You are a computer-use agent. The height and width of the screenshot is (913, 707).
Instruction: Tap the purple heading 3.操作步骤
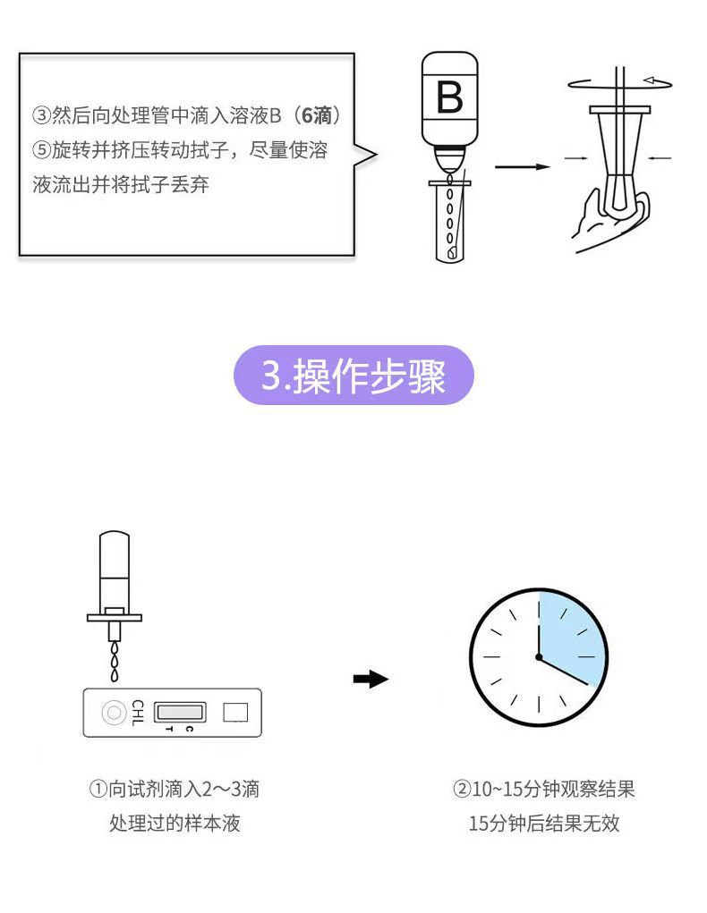coord(353,376)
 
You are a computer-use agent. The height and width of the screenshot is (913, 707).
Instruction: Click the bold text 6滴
coord(316,116)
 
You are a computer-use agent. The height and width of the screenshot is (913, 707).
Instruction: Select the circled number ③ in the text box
coord(41,116)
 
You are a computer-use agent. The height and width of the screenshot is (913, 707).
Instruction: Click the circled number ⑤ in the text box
coord(41,150)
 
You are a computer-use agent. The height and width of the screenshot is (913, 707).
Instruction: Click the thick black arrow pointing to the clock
coord(371,680)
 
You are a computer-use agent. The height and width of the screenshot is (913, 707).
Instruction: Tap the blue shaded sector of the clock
coord(566,630)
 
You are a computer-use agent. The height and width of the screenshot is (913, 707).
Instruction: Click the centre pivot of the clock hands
coord(539,657)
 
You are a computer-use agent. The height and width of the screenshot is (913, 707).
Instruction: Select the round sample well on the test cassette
coord(114,713)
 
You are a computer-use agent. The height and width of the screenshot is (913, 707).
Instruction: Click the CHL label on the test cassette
coord(136,713)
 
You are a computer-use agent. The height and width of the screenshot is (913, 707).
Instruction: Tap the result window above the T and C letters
coord(180,712)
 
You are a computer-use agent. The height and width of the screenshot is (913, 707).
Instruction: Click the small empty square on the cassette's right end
coord(235,713)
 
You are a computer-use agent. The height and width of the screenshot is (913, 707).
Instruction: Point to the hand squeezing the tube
coord(600,215)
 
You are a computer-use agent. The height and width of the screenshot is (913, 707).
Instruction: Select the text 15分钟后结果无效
coord(543,823)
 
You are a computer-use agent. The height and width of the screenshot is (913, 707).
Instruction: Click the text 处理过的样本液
coord(175,823)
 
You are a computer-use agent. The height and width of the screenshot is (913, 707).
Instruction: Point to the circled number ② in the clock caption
coord(462,790)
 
